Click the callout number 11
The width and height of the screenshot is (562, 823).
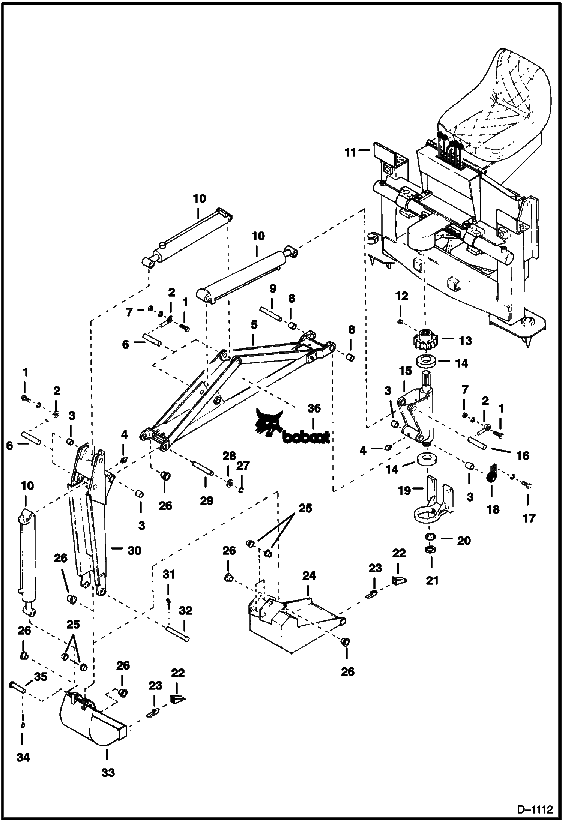350,153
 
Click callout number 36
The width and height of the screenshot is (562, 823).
314,408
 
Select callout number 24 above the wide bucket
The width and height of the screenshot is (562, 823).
309,575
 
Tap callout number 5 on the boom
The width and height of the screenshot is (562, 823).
254,325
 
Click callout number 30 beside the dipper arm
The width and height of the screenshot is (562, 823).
134,551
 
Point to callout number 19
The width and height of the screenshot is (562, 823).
404,490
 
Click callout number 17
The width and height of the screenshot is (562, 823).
529,518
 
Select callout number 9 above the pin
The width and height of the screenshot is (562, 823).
273,288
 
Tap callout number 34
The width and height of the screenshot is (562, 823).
23,757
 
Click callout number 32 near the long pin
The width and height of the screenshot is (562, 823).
185,610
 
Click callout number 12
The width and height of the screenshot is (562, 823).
401,296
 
